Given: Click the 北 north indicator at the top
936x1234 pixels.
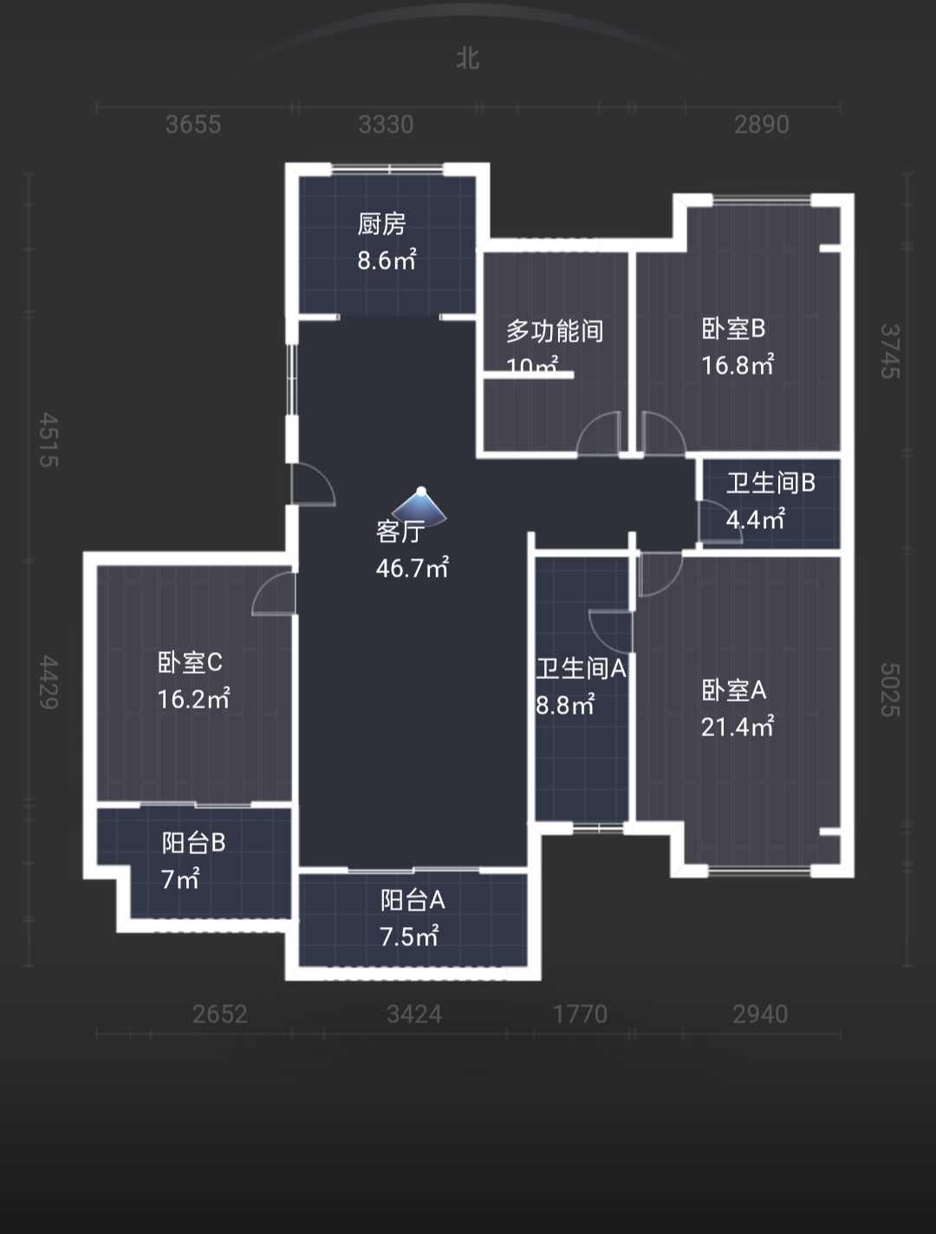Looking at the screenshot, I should (468, 58).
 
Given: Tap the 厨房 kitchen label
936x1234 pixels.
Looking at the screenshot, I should (381, 224).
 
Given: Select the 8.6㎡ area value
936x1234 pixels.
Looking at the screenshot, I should (387, 259).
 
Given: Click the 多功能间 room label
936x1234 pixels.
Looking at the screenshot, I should (555, 330).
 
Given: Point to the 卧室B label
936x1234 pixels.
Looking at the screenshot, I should (733, 329).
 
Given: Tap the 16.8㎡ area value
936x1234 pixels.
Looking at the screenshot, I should (737, 364).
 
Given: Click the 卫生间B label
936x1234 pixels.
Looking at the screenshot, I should (770, 482).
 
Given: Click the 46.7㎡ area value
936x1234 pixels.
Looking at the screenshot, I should (412, 568).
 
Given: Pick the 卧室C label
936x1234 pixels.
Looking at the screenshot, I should (190, 663).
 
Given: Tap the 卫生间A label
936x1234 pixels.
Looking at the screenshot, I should (581, 669).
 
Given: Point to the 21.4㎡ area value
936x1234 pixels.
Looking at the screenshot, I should (737, 727).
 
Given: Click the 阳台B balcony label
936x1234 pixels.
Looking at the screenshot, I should (193, 842).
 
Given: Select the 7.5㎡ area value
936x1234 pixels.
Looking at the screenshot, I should (409, 937).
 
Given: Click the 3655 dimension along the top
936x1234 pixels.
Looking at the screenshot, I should (192, 125).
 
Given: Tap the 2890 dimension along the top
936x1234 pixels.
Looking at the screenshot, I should (761, 125).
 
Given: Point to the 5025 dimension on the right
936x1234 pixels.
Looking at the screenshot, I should (890, 689).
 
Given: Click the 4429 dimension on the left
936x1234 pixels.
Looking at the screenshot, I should (49, 682).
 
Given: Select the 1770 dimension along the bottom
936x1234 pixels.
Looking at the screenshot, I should (580, 1014).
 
